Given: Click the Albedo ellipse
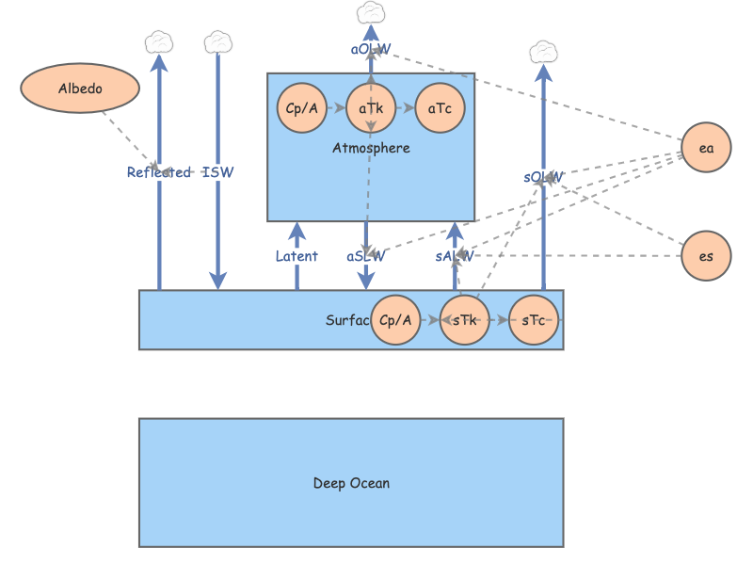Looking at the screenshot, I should click(x=80, y=89).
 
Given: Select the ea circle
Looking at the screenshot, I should click(x=706, y=148).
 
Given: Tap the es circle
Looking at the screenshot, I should click(x=706, y=256).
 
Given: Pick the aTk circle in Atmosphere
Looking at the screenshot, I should click(x=371, y=108).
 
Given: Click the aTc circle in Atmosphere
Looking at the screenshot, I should click(x=440, y=108).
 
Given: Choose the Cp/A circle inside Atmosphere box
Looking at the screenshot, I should click(x=301, y=108).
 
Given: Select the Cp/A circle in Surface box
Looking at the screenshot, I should click(x=395, y=320).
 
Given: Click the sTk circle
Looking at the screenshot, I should click(x=464, y=320).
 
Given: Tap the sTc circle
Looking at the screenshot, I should click(x=534, y=320).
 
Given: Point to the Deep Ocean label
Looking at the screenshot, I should click(x=351, y=483).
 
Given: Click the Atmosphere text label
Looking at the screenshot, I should click(x=371, y=148).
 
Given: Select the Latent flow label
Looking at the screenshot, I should click(x=296, y=256).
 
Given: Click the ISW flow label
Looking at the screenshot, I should click(x=218, y=172).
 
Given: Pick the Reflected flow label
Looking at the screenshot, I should click(x=159, y=172).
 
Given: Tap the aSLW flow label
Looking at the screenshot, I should click(x=366, y=256).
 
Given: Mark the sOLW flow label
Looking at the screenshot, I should click(x=543, y=177).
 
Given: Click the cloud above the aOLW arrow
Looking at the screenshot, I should click(x=371, y=13).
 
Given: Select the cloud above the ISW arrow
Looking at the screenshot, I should click(x=218, y=41).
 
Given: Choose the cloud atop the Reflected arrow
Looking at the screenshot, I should click(x=159, y=41).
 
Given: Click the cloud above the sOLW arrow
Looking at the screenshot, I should click(x=543, y=52).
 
